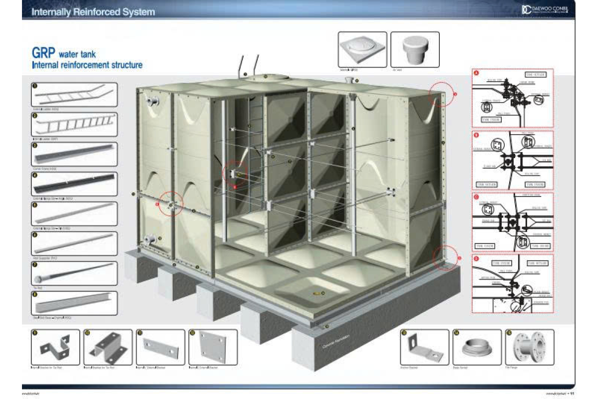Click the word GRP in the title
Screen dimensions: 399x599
(43, 53)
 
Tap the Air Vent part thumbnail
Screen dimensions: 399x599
(414, 50)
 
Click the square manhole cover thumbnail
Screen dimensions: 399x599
(362, 50)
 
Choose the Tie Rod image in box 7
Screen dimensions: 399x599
(74, 272)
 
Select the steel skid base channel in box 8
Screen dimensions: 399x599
(74, 303)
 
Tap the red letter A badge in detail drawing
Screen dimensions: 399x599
(476, 73)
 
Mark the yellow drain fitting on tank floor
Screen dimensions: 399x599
(317, 293)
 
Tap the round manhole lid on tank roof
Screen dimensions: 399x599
(269, 78)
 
